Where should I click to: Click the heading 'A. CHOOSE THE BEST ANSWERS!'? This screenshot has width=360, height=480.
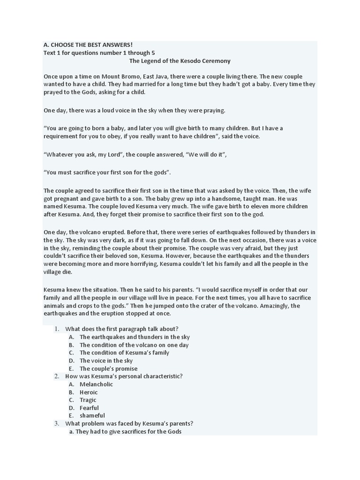click(88, 45)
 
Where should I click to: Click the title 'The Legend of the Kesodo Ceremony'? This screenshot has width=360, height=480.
click(180, 61)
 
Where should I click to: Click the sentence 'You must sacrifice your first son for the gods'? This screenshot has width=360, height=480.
click(107, 172)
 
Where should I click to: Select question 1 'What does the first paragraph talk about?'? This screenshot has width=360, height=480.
click(121, 329)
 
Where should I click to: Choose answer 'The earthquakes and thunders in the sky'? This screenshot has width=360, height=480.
click(135, 337)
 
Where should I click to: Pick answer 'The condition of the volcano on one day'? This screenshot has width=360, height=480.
click(134, 345)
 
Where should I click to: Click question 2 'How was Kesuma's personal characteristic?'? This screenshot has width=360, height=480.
click(124, 376)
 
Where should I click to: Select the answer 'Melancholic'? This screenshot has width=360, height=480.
click(96, 384)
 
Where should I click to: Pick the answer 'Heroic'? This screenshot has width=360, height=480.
click(89, 392)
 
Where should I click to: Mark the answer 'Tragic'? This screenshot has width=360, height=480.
click(88, 400)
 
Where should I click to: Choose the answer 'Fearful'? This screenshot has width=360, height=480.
click(89, 408)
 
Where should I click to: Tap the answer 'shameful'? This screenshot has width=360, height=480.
click(92, 415)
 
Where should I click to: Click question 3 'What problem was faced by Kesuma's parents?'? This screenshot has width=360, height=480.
click(129, 423)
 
